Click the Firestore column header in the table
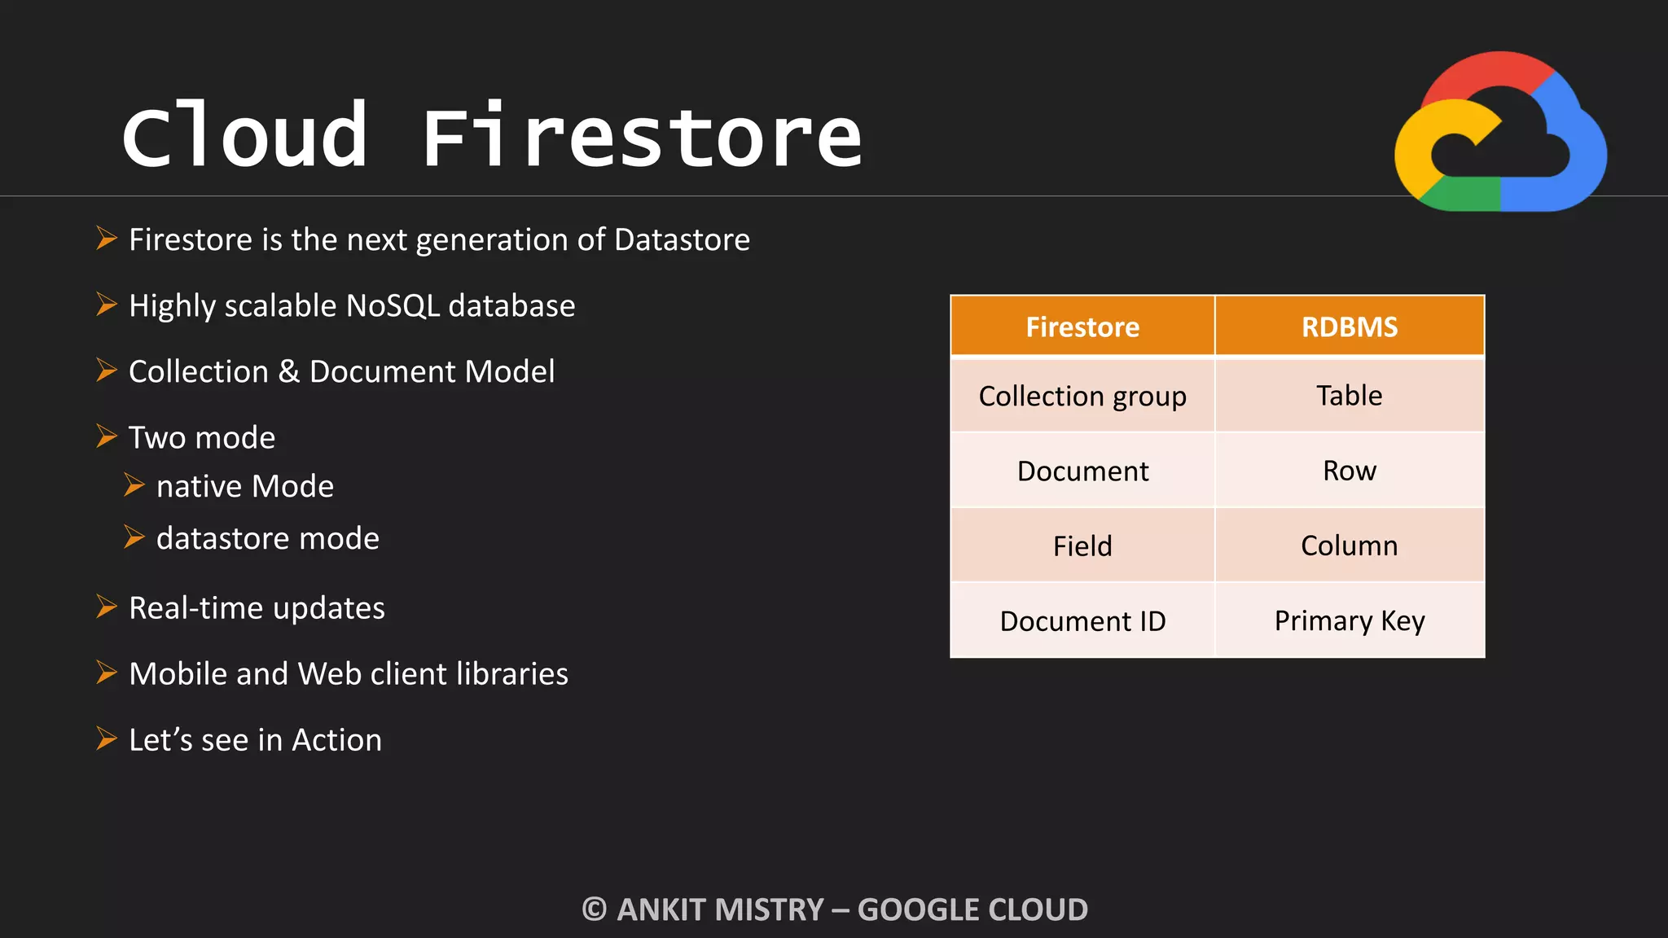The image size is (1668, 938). click(x=1082, y=327)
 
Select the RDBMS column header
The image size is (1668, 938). click(x=1350, y=327)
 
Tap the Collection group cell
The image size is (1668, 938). click(x=1082, y=397)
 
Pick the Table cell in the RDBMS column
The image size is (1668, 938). click(x=1350, y=396)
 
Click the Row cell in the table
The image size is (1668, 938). click(x=1350, y=471)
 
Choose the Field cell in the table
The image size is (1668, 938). click(x=1082, y=546)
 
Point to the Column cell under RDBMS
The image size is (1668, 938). click(x=1350, y=546)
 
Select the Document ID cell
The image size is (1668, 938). click(x=1082, y=621)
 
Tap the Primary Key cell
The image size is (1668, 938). click(x=1350, y=621)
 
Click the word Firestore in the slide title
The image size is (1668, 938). click(x=642, y=137)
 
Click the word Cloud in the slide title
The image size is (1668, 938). click(x=244, y=137)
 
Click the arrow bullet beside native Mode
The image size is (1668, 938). click(x=134, y=485)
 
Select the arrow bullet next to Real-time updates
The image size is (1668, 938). click(x=107, y=607)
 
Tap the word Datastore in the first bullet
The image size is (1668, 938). click(x=682, y=240)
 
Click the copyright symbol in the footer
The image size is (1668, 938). click(x=595, y=910)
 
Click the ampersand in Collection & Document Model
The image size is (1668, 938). click(x=289, y=372)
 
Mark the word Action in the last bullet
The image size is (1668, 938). click(x=336, y=740)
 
